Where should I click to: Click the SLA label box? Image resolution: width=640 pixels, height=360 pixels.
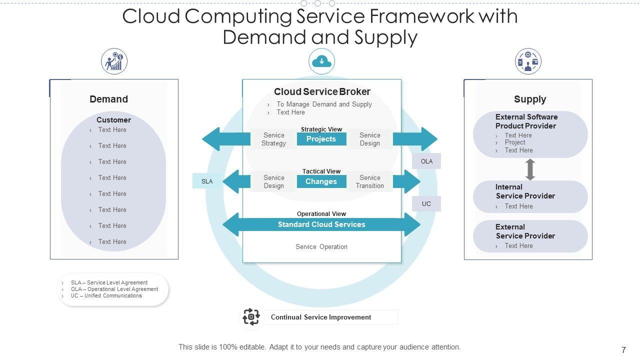click(x=207, y=181)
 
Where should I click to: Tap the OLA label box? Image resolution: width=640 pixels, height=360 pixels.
click(x=426, y=161)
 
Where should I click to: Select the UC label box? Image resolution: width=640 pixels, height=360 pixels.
click(x=426, y=203)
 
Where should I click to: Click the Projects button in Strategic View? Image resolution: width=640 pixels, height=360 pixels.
click(x=321, y=139)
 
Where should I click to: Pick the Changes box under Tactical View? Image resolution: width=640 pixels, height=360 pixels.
click(x=321, y=181)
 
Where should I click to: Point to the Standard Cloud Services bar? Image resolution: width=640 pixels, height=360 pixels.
click(x=321, y=224)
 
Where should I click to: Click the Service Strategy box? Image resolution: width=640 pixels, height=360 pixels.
click(x=273, y=139)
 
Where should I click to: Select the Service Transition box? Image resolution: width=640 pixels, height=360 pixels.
click(x=369, y=181)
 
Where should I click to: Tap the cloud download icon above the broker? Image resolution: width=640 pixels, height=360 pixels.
click(x=321, y=61)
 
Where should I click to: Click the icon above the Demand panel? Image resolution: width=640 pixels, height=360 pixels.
click(x=114, y=61)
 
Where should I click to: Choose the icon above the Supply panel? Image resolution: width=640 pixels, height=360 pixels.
click(x=528, y=61)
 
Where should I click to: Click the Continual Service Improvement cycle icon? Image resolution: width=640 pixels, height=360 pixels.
click(x=251, y=317)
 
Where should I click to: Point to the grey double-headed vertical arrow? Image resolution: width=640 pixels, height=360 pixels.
click(x=530, y=169)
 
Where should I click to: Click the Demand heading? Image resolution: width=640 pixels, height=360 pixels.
click(x=108, y=99)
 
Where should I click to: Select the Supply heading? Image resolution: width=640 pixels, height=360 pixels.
click(x=530, y=99)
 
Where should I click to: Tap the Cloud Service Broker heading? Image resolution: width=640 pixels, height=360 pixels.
click(x=322, y=91)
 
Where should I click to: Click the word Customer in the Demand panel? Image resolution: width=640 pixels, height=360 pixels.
click(x=113, y=120)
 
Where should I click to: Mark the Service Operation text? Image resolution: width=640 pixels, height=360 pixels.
click(x=321, y=246)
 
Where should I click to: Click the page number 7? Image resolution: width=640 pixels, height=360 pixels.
click(x=623, y=350)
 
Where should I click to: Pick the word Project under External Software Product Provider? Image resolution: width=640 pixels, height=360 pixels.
click(x=515, y=142)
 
